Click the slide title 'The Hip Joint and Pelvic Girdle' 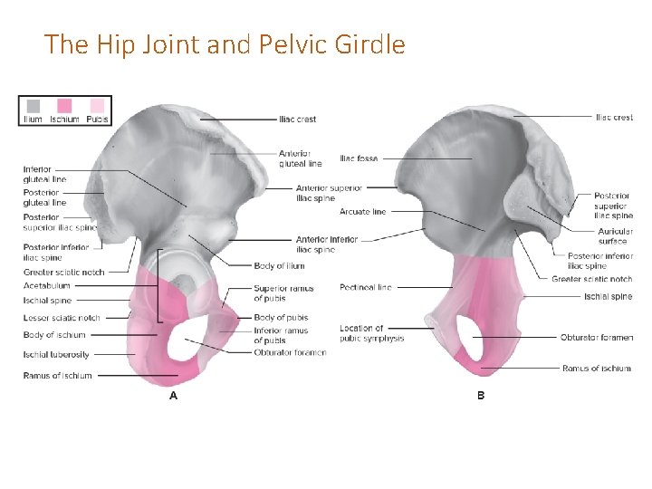(x=225, y=43)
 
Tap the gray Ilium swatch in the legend (x=34, y=106)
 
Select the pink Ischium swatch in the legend (x=64, y=106)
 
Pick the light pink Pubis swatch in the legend (x=97, y=106)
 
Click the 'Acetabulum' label (x=47, y=285)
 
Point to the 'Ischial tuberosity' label (x=56, y=354)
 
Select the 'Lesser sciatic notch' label (x=62, y=318)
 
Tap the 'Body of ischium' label (x=54, y=335)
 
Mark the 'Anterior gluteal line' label (x=300, y=158)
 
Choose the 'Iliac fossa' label (x=359, y=158)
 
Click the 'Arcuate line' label (x=362, y=212)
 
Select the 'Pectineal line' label (x=365, y=287)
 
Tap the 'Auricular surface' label (x=612, y=236)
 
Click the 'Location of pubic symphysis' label (x=371, y=333)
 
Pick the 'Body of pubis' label (x=281, y=318)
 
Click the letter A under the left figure (x=173, y=396)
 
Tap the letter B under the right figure (x=481, y=396)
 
